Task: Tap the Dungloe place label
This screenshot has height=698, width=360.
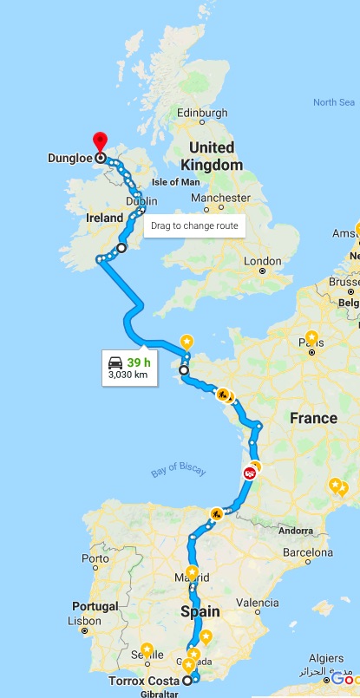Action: [x=70, y=159]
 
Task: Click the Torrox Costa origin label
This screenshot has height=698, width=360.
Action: [x=144, y=681]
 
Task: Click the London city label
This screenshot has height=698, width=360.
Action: [x=263, y=261]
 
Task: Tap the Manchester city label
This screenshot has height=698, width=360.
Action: [x=222, y=198]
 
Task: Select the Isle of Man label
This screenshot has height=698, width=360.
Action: [x=176, y=182]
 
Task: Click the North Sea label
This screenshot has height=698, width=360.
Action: [x=333, y=102]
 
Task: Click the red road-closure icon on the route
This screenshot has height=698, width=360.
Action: [x=250, y=473]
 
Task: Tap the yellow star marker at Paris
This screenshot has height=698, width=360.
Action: [x=311, y=338]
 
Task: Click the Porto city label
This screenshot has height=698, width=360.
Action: [x=95, y=559]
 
